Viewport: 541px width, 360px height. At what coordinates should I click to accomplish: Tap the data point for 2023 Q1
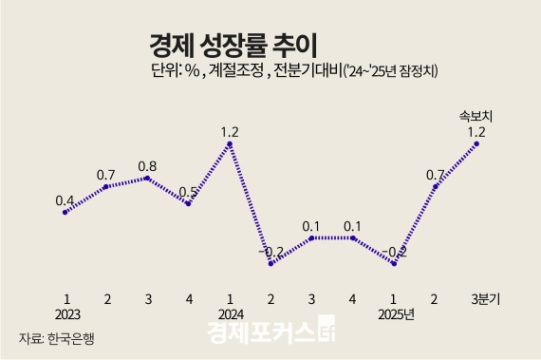[65, 212]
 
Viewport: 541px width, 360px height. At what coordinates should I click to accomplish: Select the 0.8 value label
[147, 165]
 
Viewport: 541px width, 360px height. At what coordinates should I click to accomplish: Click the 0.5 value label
[188, 191]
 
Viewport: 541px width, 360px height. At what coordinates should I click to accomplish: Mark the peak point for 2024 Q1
[230, 144]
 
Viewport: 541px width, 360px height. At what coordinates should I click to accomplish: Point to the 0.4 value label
[65, 200]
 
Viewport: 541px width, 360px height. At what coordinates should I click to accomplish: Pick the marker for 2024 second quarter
[270, 263]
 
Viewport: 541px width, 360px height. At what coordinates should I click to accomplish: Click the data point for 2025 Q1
[394, 263]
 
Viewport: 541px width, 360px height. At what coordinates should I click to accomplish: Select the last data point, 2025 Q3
[476, 143]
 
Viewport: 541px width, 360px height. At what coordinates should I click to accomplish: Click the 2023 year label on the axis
[65, 314]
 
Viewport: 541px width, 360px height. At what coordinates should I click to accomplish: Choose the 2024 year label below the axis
[230, 314]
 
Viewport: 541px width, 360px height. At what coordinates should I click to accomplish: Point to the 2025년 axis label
[397, 314]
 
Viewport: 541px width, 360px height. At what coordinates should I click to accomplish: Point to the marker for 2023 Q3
[147, 178]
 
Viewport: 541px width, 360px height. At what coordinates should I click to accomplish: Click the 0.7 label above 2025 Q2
[436, 174]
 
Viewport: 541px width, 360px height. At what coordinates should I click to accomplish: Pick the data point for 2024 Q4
[353, 237]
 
